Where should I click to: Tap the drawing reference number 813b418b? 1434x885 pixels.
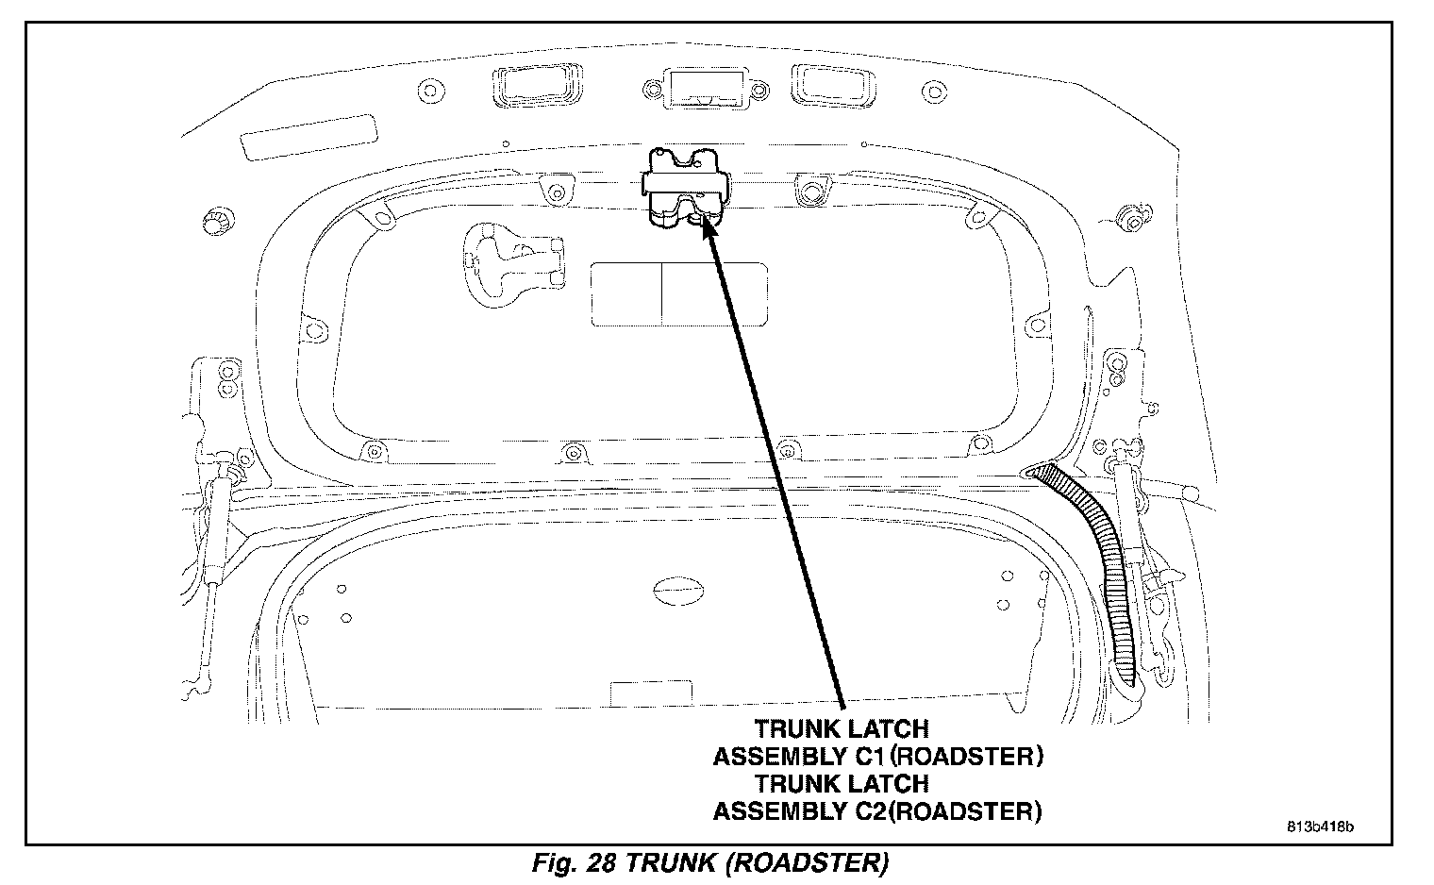click(x=1320, y=827)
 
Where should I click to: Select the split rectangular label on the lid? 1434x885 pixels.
click(x=678, y=293)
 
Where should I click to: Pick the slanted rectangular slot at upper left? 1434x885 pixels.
click(x=308, y=137)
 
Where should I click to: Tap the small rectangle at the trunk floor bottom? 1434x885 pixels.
click(x=639, y=691)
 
